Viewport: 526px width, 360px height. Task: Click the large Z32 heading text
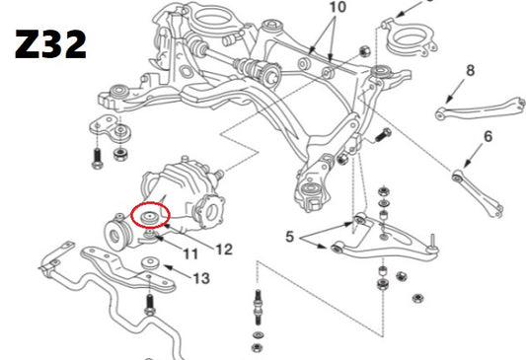point(50,44)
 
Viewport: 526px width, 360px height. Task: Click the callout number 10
point(338,7)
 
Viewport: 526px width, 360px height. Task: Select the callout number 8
point(471,71)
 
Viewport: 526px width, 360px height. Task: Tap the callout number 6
point(488,137)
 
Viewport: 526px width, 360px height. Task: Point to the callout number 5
point(289,237)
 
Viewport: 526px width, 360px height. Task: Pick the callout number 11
point(190,253)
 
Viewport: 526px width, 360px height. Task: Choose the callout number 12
point(224,250)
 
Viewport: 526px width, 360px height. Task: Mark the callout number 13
point(201,278)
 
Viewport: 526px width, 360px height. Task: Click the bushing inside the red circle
point(150,218)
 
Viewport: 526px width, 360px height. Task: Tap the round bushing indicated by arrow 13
point(151,262)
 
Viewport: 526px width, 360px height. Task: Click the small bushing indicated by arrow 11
point(150,237)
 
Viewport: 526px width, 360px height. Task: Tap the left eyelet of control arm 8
point(440,114)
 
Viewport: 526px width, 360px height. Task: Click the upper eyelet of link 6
point(456,176)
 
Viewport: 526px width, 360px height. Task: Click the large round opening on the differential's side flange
point(210,212)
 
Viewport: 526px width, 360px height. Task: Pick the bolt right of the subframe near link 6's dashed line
point(382,134)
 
